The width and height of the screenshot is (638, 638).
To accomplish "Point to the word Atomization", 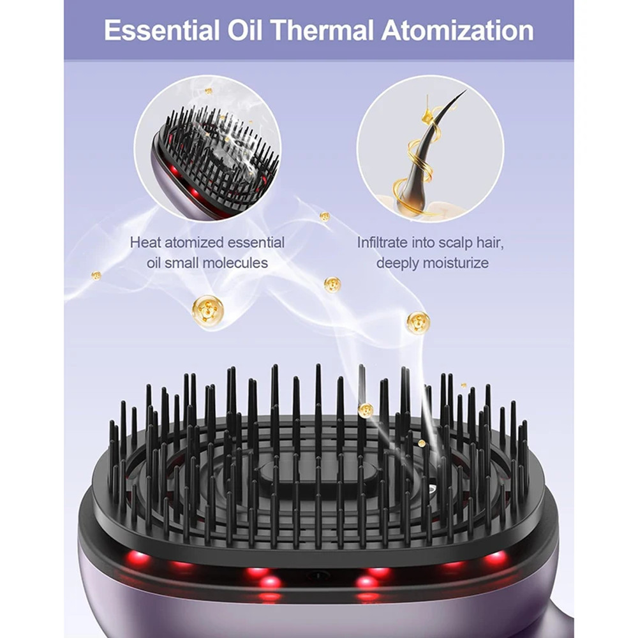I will pos(457,30).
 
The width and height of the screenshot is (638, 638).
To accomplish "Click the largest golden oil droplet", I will pos(207,311).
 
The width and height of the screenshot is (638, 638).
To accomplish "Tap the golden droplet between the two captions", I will pos(332,285).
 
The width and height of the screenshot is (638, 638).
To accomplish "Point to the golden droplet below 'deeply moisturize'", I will pos(418,322).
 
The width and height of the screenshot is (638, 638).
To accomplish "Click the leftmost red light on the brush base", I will pos(137,558).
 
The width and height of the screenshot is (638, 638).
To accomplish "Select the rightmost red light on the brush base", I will pos(496,558).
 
